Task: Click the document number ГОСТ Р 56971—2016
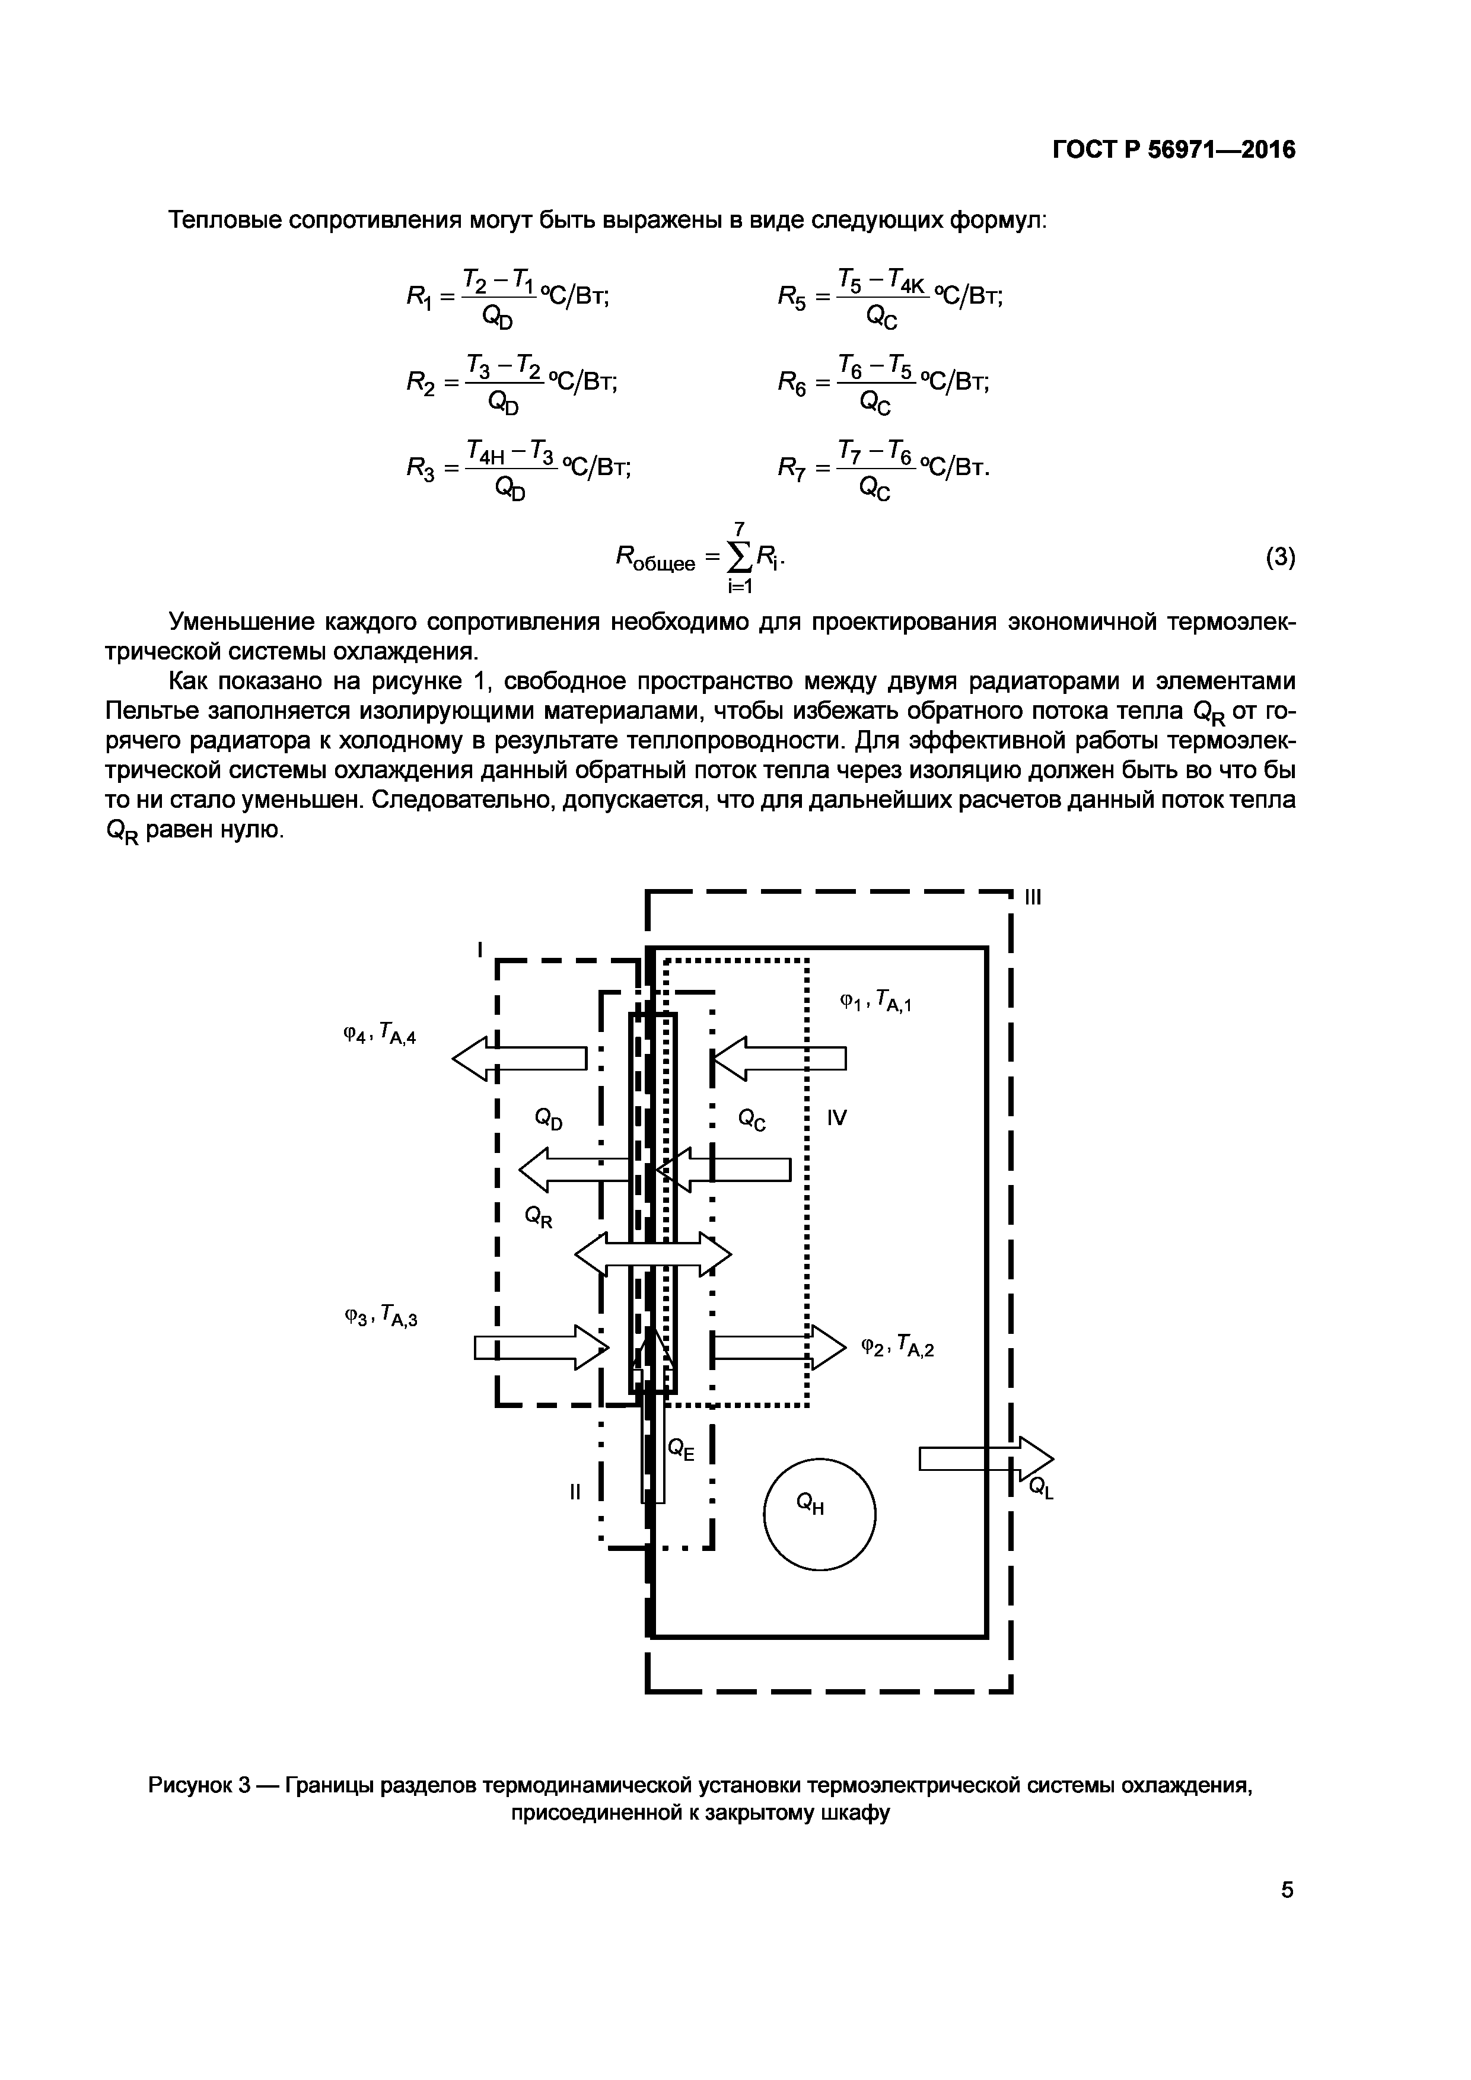tap(1173, 149)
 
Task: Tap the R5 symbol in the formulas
tap(794, 296)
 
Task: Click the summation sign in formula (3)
tap(740, 558)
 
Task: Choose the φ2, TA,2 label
tap(897, 1348)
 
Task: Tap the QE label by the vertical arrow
tap(681, 1448)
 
